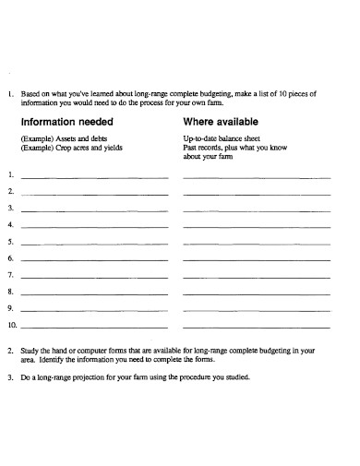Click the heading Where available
click(x=221, y=121)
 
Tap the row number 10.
click(x=12, y=326)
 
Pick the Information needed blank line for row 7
click(x=94, y=277)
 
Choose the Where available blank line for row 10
click(x=257, y=328)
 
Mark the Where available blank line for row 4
click(x=257, y=226)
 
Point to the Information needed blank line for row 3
click(x=94, y=209)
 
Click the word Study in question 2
click(x=30, y=351)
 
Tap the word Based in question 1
click(x=31, y=93)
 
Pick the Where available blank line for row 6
click(x=257, y=260)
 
